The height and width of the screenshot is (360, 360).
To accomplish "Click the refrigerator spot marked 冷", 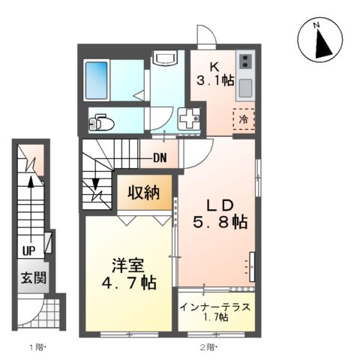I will (244, 118).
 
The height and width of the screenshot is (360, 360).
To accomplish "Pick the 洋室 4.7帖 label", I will (128, 274).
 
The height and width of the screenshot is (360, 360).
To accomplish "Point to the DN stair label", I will (159, 157).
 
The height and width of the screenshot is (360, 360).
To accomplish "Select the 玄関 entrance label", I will (33, 277).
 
